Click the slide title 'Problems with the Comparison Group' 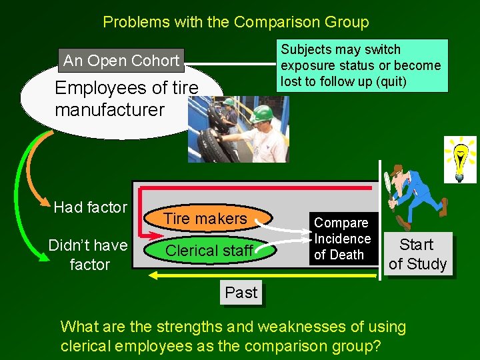click(x=235, y=22)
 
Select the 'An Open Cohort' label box click(x=121, y=61)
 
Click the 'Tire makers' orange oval click(x=205, y=219)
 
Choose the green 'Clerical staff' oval click(x=209, y=251)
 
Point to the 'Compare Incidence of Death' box click(x=342, y=238)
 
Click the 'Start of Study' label click(x=417, y=254)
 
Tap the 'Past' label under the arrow click(x=241, y=293)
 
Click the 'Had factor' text click(x=90, y=207)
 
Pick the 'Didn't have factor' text click(x=89, y=254)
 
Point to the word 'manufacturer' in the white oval click(x=109, y=109)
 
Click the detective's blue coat click(x=425, y=187)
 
